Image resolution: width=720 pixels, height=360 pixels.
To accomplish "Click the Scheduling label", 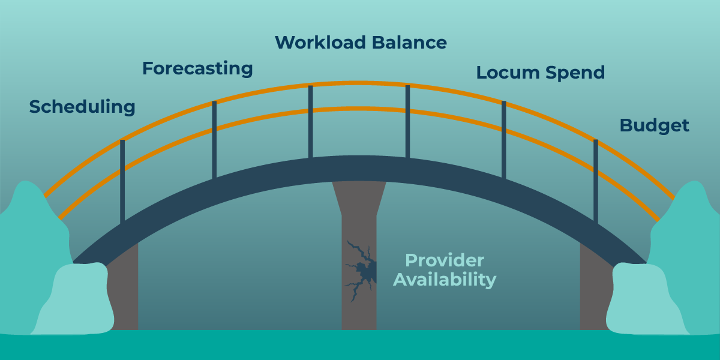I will (82, 107).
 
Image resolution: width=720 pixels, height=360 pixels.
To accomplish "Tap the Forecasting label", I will (197, 69).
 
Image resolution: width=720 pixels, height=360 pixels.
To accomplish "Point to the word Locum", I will (508, 73).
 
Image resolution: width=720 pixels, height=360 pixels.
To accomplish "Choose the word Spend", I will (575, 73).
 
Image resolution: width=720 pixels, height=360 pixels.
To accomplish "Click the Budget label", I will (654, 125).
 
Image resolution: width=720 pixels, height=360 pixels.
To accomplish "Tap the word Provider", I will (445, 260).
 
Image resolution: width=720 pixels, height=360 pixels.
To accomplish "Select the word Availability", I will (445, 280).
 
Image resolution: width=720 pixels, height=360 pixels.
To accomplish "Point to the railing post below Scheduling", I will (122, 180).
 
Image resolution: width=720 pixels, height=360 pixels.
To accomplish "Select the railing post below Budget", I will (596, 180).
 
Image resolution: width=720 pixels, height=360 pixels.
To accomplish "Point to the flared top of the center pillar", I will (359, 195).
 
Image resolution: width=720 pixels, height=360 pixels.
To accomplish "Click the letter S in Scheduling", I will (35, 107).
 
